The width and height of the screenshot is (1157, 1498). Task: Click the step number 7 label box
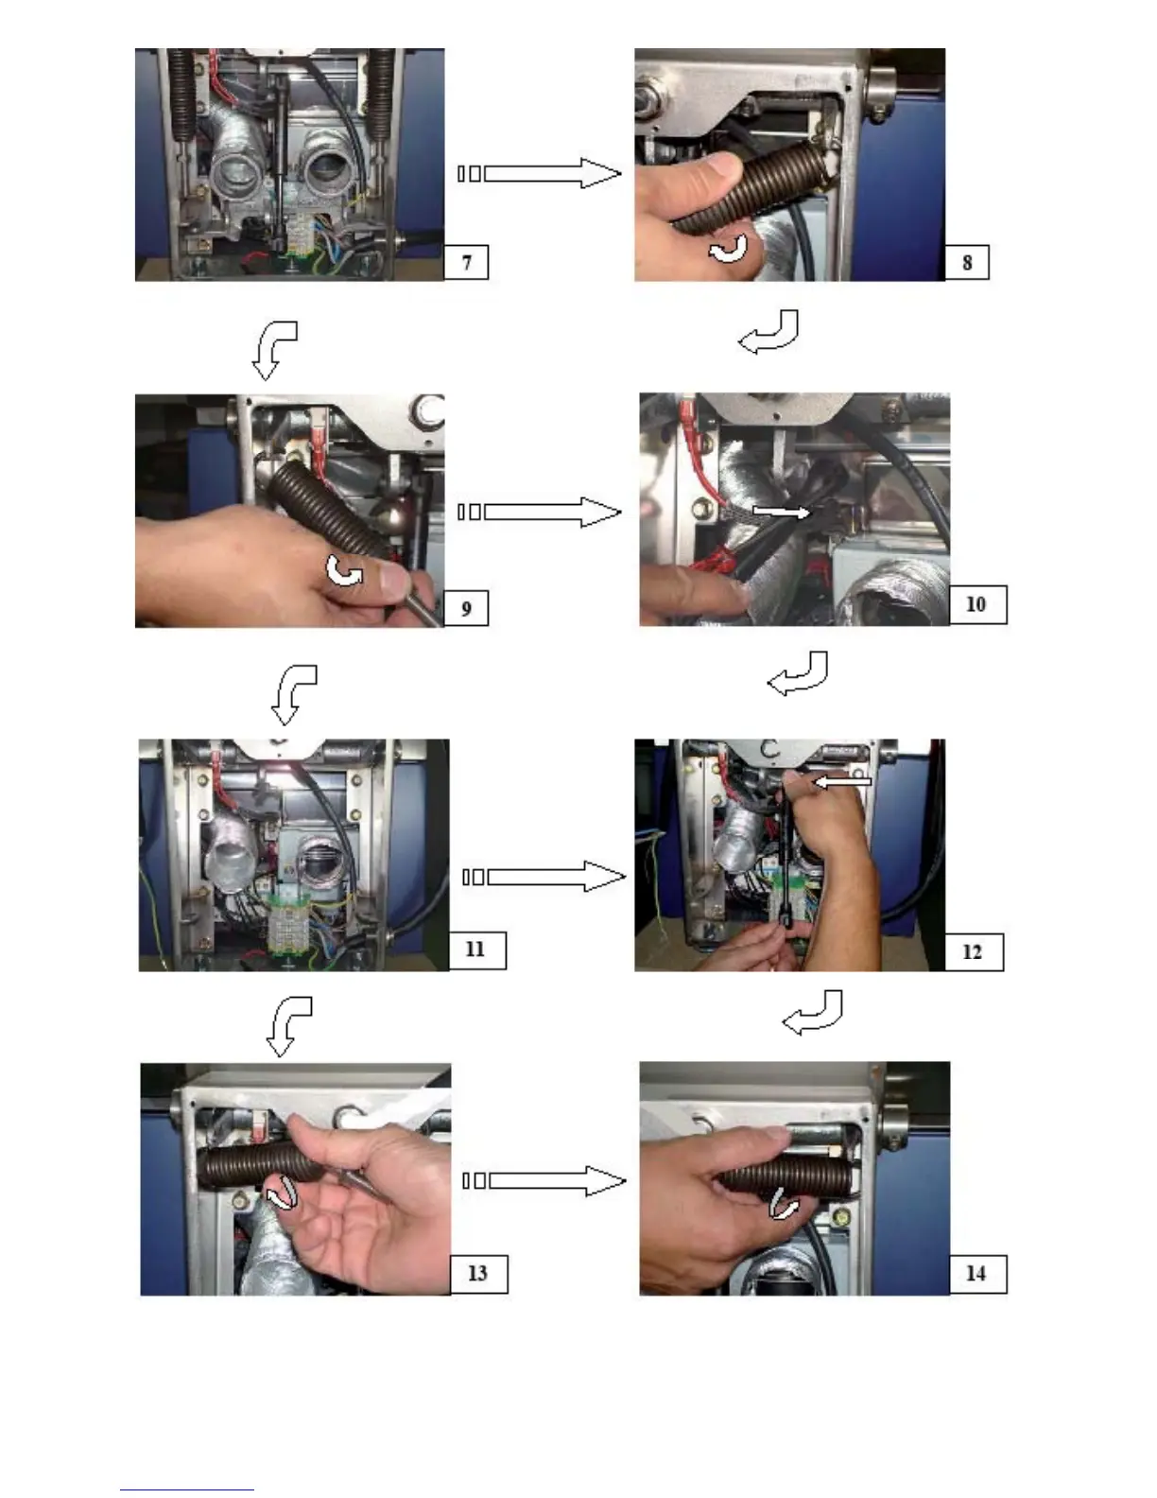tap(466, 262)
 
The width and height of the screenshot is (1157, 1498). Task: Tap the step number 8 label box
tap(967, 262)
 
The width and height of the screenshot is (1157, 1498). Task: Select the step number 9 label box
tap(466, 608)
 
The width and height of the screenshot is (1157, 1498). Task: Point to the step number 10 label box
tap(977, 604)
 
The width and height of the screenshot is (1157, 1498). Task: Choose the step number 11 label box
tap(476, 950)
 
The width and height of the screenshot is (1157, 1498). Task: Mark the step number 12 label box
tap(974, 952)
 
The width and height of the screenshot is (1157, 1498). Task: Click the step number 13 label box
tap(479, 1274)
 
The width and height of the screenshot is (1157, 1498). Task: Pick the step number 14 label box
tap(977, 1274)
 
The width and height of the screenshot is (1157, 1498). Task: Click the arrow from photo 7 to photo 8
tap(540, 173)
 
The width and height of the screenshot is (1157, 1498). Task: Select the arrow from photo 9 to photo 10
tap(540, 512)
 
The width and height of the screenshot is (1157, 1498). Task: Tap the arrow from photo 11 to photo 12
tap(544, 876)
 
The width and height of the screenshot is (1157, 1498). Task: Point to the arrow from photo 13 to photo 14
tap(544, 1181)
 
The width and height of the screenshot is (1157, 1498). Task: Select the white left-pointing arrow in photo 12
tap(842, 782)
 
